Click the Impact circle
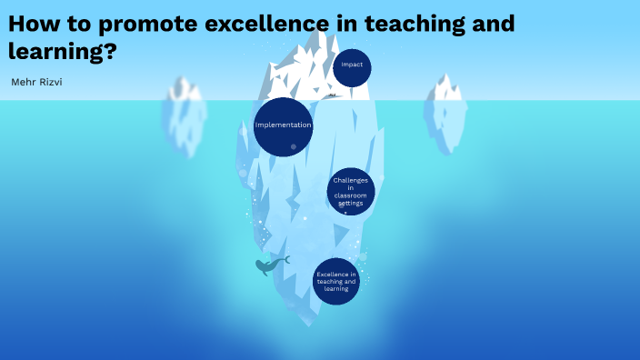[x=352, y=66]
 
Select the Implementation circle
[x=284, y=126]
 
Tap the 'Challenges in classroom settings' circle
[x=350, y=192]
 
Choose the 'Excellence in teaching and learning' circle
[x=336, y=281]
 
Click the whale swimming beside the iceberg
[x=269, y=265]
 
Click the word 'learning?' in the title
[x=62, y=51]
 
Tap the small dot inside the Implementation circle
[x=293, y=146]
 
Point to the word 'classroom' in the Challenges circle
[x=350, y=195]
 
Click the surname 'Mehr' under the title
[x=21, y=82]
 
